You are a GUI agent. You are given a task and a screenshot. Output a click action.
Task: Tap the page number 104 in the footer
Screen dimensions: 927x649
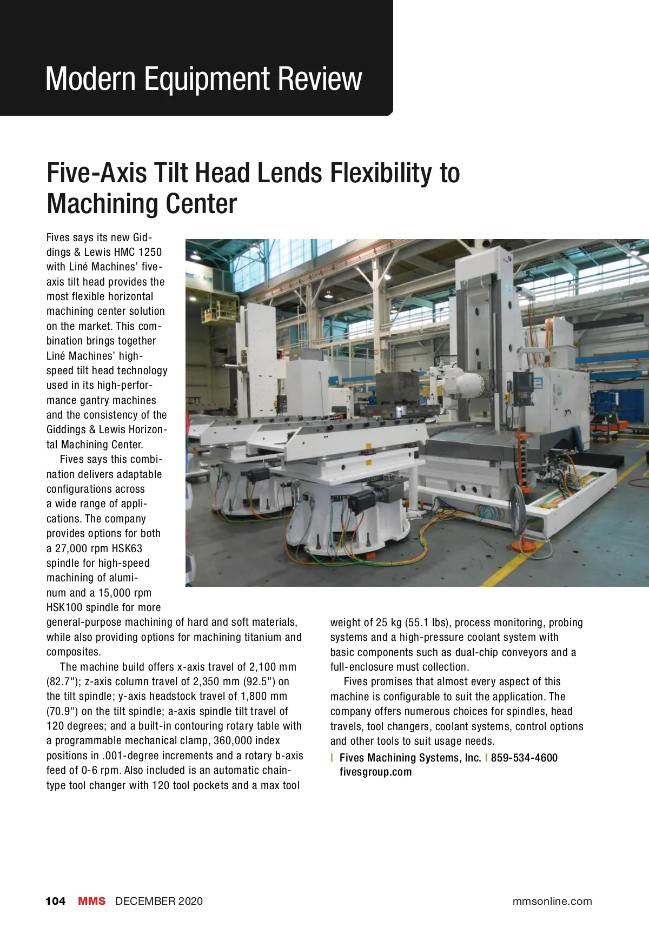[55, 901]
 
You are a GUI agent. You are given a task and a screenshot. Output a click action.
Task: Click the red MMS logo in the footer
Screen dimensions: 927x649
[92, 901]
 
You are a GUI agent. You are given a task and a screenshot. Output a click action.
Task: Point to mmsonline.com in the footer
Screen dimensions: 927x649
[552, 901]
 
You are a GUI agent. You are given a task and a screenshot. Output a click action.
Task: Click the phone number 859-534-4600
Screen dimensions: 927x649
[524, 758]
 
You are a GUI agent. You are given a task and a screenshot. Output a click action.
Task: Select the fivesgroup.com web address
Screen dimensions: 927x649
[375, 772]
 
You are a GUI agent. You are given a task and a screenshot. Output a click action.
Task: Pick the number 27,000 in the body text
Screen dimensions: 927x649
[72, 548]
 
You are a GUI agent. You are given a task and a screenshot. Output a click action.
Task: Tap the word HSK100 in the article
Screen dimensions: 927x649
[64, 607]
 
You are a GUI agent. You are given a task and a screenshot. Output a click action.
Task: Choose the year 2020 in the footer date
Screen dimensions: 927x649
[190, 901]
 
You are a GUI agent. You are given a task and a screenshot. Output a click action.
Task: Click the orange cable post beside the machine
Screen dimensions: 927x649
[521, 449]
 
